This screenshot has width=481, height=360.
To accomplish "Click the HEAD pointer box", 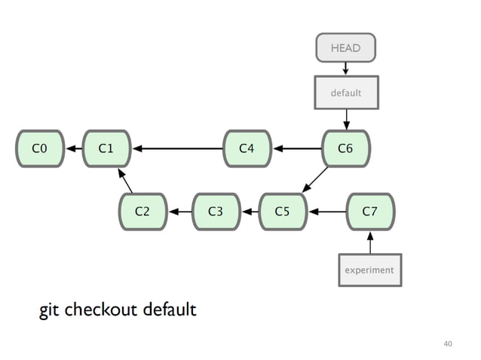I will point(345,48).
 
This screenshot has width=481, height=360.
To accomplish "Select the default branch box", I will point(346,93).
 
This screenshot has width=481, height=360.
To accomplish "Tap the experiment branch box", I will point(369,270).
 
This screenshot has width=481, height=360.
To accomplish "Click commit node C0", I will point(40,148).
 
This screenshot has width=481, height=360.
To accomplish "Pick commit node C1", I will point(106,148).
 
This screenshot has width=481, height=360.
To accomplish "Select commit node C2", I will point(142,212).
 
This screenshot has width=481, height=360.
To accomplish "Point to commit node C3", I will point(216,212).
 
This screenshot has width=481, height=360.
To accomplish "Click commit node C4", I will point(247,148).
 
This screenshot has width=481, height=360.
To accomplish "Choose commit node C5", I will point(282,212).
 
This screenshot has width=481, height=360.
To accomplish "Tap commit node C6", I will point(345,148).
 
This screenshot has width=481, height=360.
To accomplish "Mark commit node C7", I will point(369,212).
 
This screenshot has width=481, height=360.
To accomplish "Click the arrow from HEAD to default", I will point(345,69).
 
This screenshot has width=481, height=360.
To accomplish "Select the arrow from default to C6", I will point(346,119).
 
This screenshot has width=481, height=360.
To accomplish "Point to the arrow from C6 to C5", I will point(315,180).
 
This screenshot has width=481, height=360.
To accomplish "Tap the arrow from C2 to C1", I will point(125,182).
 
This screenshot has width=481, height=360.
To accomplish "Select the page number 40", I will point(448,343).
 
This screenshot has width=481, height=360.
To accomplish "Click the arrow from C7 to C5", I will point(326,212).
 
